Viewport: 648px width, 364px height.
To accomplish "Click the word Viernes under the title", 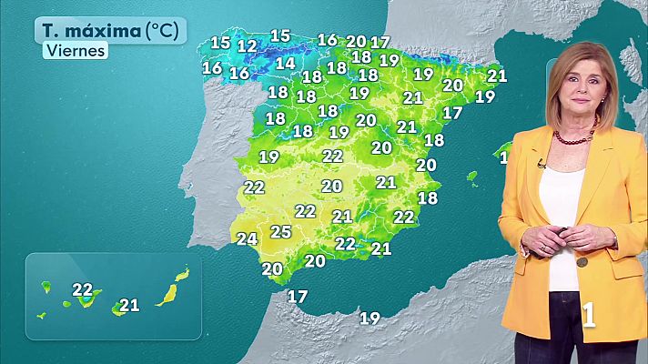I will point(75,51).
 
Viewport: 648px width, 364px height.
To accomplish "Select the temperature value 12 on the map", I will point(247,45).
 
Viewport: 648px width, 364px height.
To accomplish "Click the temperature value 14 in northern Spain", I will point(285,64).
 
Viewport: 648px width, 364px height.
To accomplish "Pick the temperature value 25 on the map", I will point(281,232).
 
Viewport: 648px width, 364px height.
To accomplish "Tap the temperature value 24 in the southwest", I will point(247,239).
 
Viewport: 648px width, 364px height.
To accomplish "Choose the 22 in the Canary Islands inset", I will point(83,290).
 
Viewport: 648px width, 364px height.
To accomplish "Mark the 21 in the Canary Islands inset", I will point(129,305).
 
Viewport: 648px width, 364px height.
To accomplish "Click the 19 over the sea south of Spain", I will point(370,318).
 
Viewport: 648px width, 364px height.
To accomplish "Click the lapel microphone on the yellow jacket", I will point(541,164).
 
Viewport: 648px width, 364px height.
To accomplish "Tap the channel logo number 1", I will point(589,315).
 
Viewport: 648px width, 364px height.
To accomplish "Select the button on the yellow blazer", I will point(581,261).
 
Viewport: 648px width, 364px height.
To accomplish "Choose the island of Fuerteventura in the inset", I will point(167,294).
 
